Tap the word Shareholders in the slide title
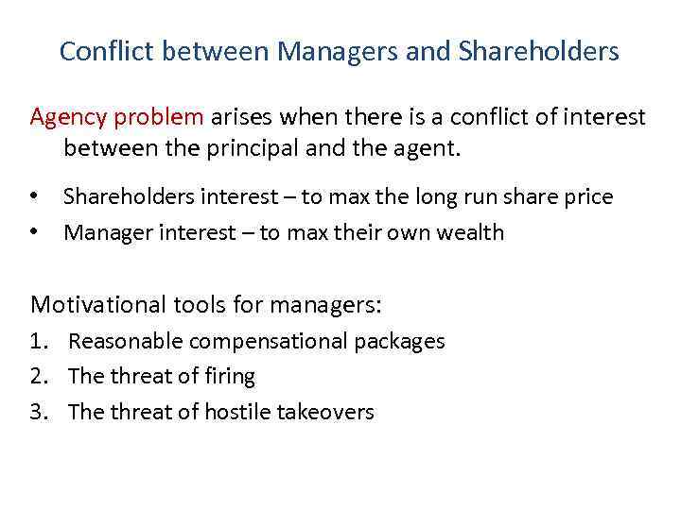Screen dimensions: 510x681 (x=539, y=51)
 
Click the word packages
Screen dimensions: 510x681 (x=401, y=341)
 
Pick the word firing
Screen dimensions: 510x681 (x=230, y=376)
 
